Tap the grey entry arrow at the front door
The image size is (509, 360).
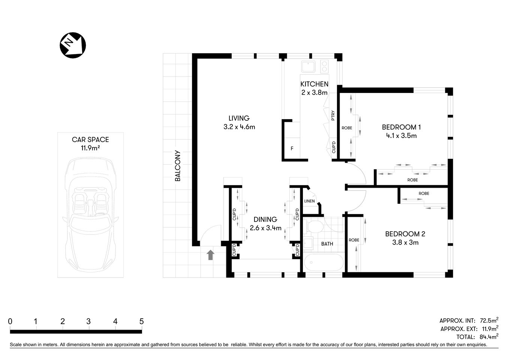click(x=211, y=255)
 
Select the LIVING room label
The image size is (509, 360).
click(x=239, y=118)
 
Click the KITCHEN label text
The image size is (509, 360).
click(x=314, y=84)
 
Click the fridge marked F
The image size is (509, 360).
click(x=292, y=148)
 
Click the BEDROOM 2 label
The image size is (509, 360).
click(x=405, y=234)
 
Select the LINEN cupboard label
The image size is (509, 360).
click(x=309, y=201)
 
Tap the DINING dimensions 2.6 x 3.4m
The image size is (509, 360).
click(x=265, y=228)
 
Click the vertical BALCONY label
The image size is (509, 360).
click(x=178, y=166)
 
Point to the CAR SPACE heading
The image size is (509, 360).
click(x=90, y=139)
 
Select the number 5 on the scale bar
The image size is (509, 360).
click(x=141, y=321)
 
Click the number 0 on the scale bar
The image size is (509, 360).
click(x=10, y=321)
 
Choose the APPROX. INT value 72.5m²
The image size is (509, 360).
click(x=488, y=321)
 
